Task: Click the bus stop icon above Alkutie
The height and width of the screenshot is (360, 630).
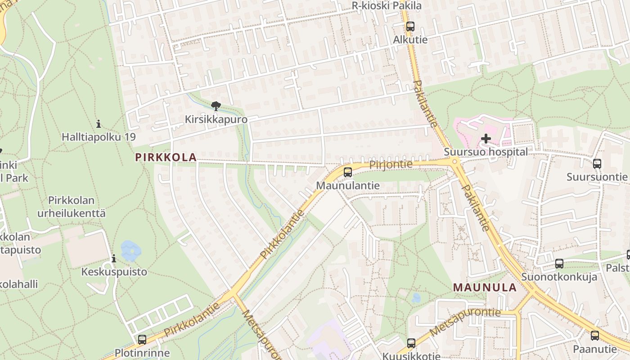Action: tap(410, 27)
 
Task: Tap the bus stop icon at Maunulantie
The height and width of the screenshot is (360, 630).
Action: tap(347, 172)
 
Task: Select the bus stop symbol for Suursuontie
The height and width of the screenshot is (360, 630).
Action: tap(597, 164)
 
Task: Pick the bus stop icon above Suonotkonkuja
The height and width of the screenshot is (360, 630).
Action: tap(559, 264)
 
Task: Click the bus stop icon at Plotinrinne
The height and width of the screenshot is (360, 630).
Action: tap(142, 340)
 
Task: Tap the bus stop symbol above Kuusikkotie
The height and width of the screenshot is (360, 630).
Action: tap(411, 343)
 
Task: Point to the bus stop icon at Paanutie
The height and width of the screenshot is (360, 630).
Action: tap(594, 336)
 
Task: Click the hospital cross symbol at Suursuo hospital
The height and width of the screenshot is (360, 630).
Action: tap(486, 139)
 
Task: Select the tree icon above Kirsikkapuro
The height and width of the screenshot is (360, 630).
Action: tap(216, 107)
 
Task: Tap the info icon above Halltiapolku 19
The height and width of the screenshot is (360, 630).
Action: tap(99, 124)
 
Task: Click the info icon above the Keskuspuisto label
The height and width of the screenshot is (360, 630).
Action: tap(114, 259)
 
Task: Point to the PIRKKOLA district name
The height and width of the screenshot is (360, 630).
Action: tap(166, 157)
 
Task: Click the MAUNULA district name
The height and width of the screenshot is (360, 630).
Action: tap(485, 288)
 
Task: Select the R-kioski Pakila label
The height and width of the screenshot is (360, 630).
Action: tap(387, 6)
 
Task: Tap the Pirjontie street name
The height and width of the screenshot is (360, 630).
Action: tap(391, 165)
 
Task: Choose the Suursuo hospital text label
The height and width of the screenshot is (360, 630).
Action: tap(486, 152)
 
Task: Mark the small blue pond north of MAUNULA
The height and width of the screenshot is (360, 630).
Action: tap(416, 298)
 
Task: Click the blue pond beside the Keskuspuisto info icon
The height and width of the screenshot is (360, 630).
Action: tap(130, 251)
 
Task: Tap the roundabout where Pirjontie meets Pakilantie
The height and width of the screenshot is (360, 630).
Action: tap(454, 161)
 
